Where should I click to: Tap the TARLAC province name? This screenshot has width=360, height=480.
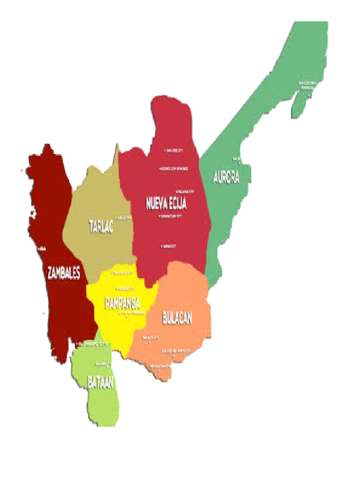[101, 227]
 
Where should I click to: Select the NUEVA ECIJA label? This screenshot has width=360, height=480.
[166, 203]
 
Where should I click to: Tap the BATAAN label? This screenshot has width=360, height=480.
[100, 382]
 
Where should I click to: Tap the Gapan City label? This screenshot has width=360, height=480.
[169, 246]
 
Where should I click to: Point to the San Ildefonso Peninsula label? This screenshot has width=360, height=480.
[307, 85]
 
